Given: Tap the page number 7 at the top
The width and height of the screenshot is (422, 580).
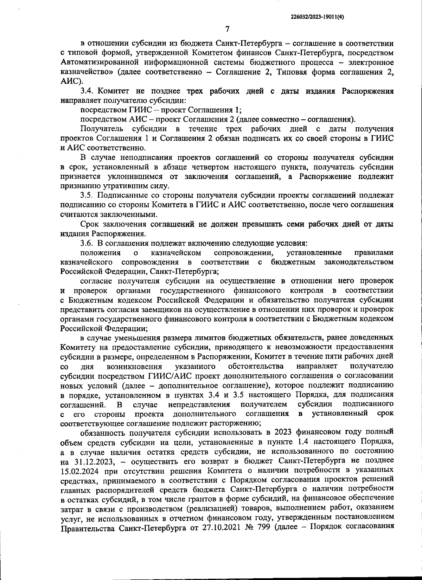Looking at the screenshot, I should [227, 29].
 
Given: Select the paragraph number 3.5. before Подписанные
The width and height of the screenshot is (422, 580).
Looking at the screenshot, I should [87, 195].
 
